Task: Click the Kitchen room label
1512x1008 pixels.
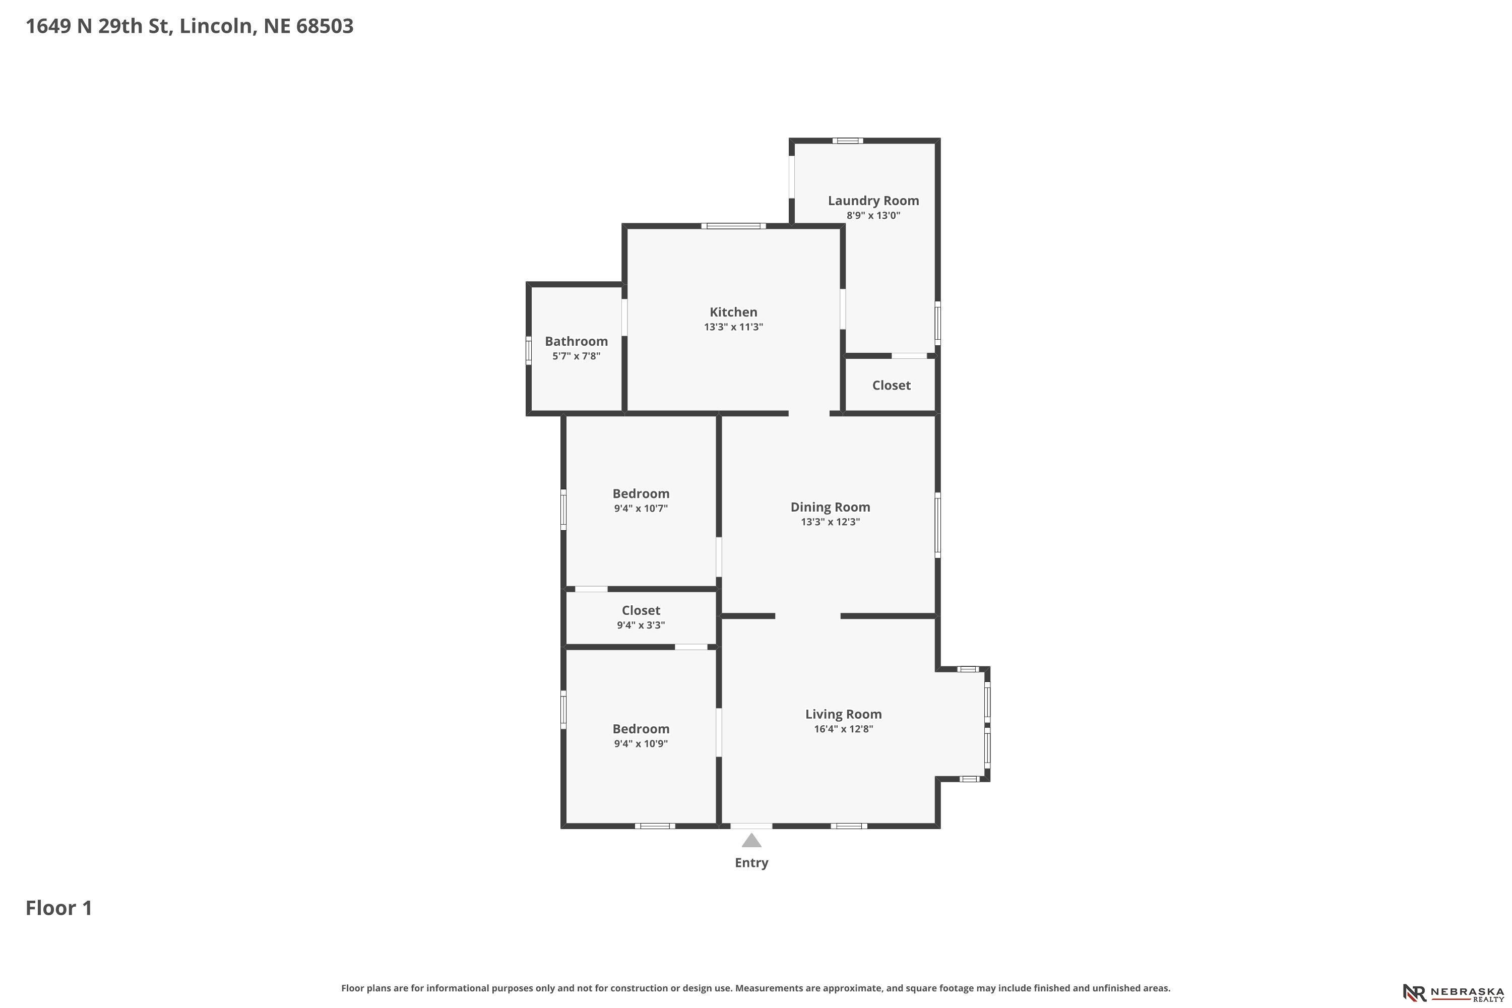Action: coord(733,312)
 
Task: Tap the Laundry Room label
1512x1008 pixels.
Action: coord(873,201)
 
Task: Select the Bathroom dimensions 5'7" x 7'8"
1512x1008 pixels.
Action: coord(576,356)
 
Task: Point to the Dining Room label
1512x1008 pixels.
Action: coord(830,507)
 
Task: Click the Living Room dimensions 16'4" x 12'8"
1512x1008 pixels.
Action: coord(843,729)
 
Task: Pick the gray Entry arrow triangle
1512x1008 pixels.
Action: coord(751,840)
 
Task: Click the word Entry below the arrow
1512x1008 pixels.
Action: coord(751,863)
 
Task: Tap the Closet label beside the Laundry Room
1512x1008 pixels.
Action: coord(891,385)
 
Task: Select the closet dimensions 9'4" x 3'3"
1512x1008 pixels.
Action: coord(641,625)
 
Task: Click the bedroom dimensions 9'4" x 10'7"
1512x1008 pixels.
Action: coord(641,509)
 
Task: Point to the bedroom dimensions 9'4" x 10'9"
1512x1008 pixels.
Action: coord(641,744)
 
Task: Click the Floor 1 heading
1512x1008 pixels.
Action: coord(59,908)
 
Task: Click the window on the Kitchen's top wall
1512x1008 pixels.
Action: coord(733,226)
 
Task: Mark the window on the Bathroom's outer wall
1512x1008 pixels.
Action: coord(528,350)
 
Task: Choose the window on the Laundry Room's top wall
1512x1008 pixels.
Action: coord(847,140)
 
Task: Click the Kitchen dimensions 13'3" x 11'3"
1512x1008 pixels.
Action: coord(733,327)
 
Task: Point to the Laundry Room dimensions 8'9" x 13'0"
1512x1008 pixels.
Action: coord(873,215)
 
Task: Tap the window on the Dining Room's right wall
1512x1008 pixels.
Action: coord(938,525)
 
